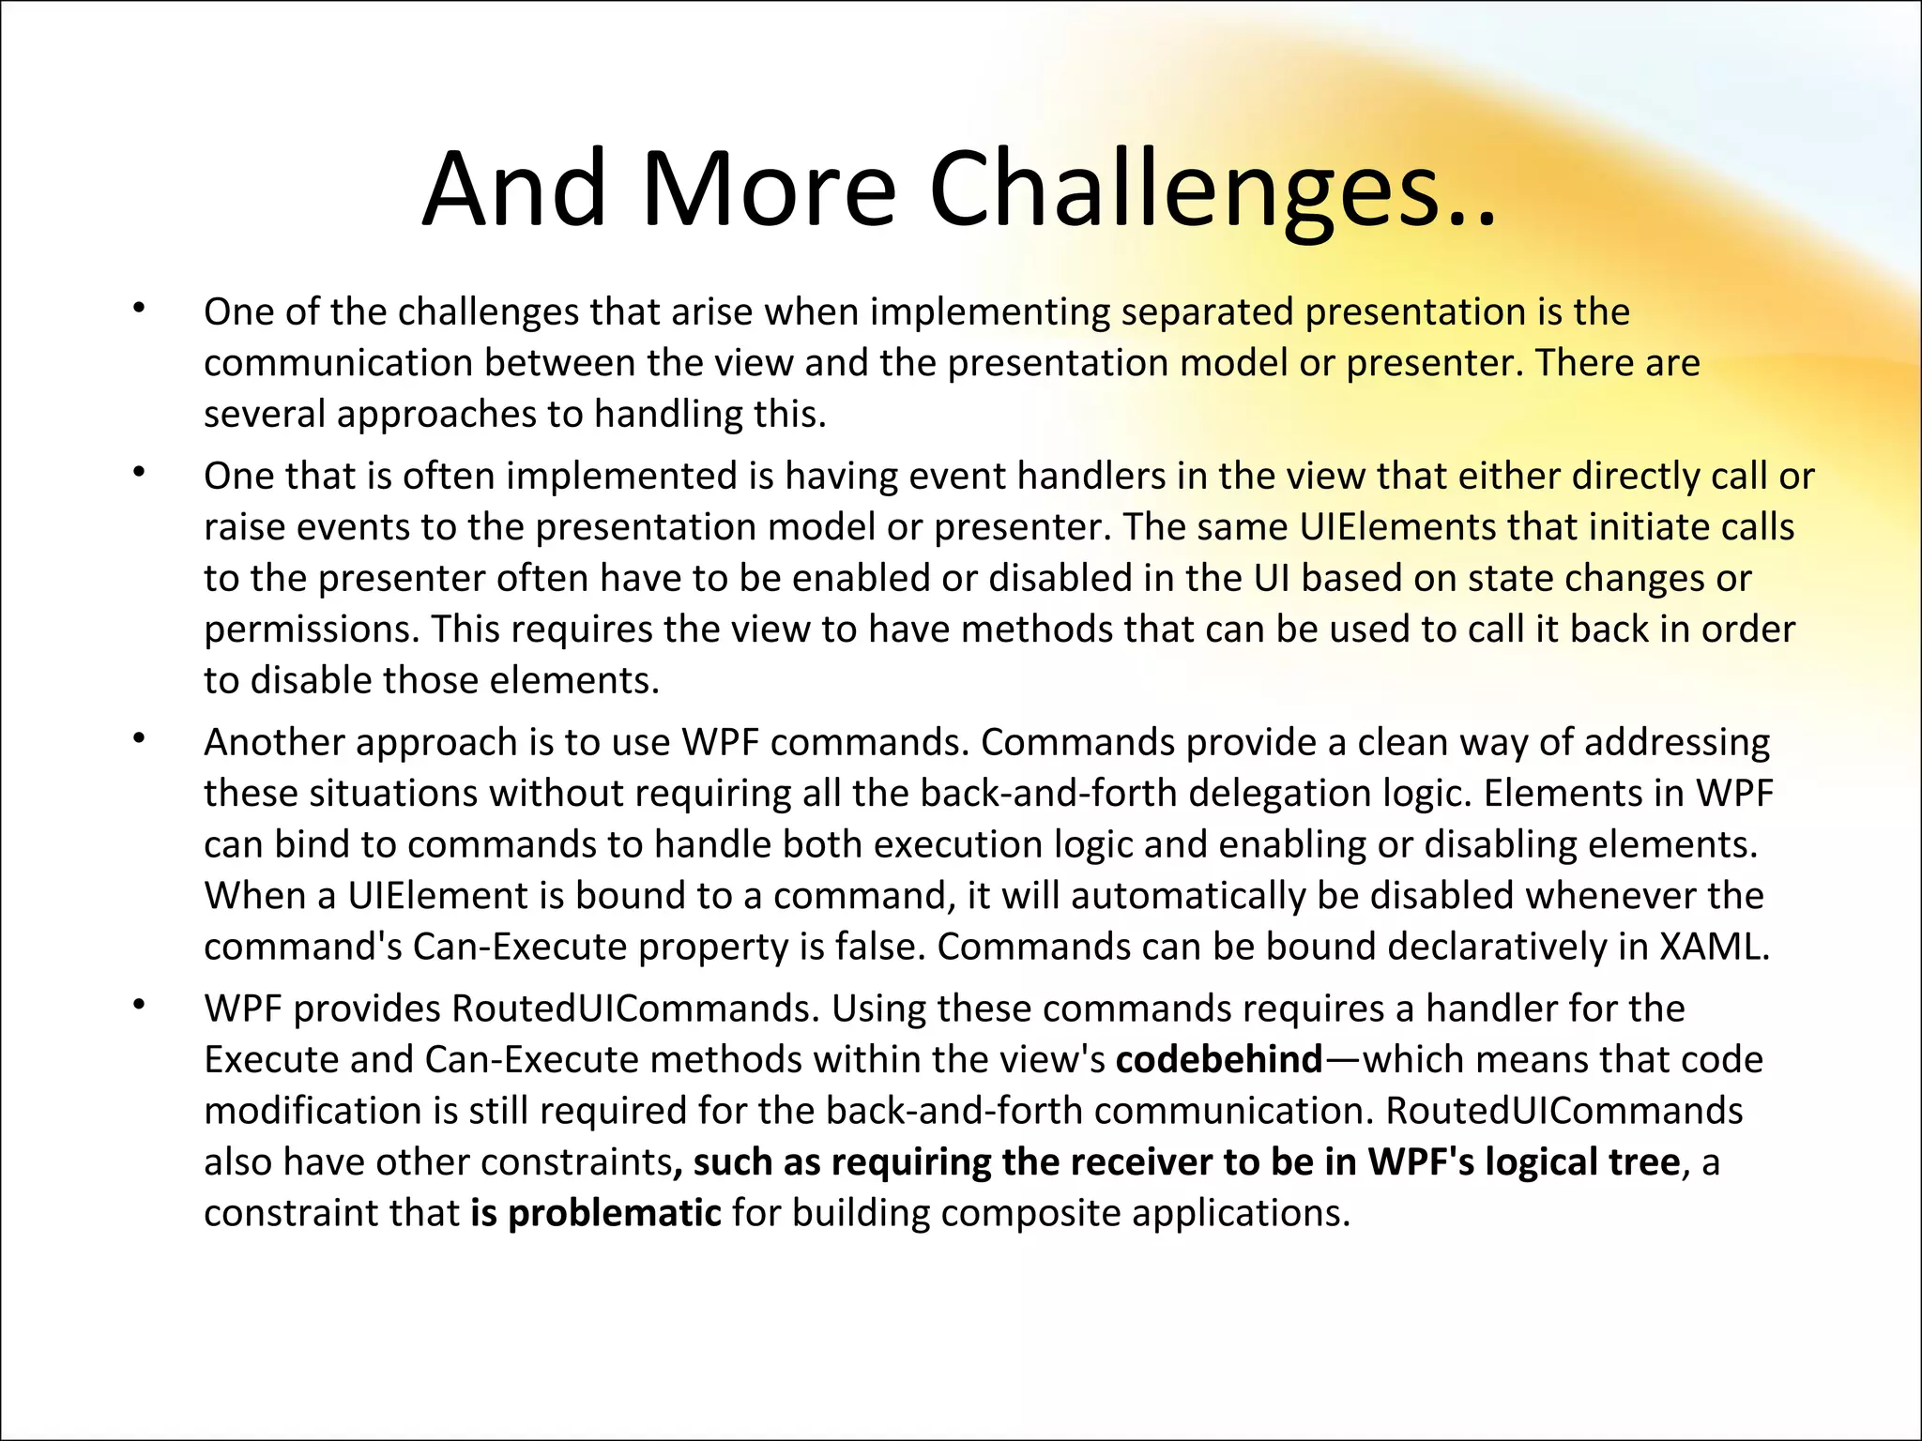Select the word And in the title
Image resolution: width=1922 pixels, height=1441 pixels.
tap(514, 190)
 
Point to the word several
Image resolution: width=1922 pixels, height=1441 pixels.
tap(264, 415)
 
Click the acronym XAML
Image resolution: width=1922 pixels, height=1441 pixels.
tap(1714, 947)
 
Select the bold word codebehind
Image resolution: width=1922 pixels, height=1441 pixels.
tap(1219, 1060)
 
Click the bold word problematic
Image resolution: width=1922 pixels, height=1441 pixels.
tap(615, 1213)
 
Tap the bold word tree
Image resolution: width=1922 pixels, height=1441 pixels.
tap(1644, 1162)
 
